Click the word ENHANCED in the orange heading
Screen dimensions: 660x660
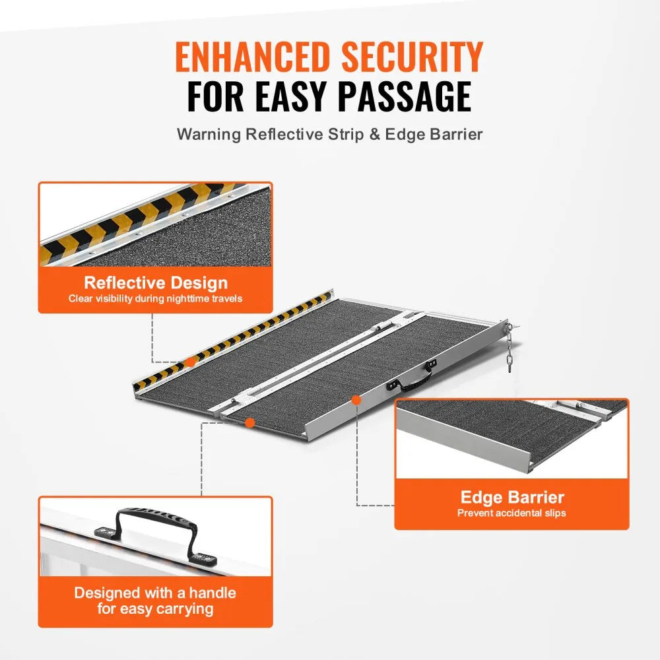[x=252, y=58]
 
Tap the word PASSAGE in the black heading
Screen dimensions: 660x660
[x=404, y=96]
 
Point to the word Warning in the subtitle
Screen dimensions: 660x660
[x=209, y=134]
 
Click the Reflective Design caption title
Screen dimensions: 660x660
[x=155, y=283]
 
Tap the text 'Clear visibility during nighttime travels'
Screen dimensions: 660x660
[x=155, y=298]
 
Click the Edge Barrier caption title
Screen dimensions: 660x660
[x=511, y=498]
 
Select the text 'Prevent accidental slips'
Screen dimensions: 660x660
[x=511, y=513]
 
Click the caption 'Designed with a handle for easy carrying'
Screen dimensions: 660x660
[x=155, y=601]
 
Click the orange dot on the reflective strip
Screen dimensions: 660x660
[x=189, y=362]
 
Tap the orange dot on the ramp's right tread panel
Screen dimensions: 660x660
[x=356, y=399]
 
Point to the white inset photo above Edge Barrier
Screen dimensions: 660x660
[x=511, y=438]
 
